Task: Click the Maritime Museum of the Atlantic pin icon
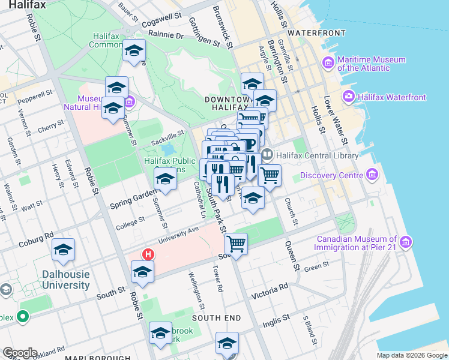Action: point(328,62)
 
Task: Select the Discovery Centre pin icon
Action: point(372,175)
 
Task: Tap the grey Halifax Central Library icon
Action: point(267,155)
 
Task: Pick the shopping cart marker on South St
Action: point(237,244)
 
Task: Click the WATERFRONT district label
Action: point(316,32)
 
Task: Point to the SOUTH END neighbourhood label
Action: point(216,317)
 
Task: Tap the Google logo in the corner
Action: point(20,353)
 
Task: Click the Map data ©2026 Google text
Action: point(411,355)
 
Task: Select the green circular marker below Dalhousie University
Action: point(23,316)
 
